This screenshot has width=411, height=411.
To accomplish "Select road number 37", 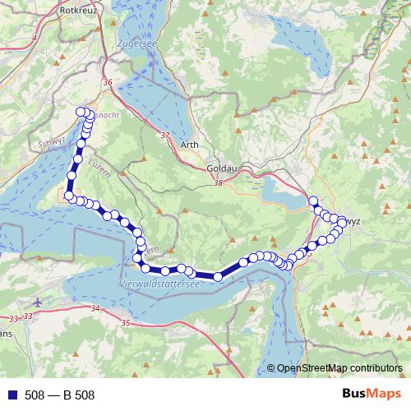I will (166, 136).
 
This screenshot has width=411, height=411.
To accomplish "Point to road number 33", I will (12, 317).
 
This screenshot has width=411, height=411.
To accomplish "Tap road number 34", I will (95, 308).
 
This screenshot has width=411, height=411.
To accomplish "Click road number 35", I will (125, 323).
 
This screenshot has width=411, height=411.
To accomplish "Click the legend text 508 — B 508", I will (59, 395).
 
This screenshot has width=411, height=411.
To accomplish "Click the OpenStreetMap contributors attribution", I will (339, 367).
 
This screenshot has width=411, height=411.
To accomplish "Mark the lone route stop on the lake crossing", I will (218, 277).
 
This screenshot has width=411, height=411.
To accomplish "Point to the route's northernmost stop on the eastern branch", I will (312, 200).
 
